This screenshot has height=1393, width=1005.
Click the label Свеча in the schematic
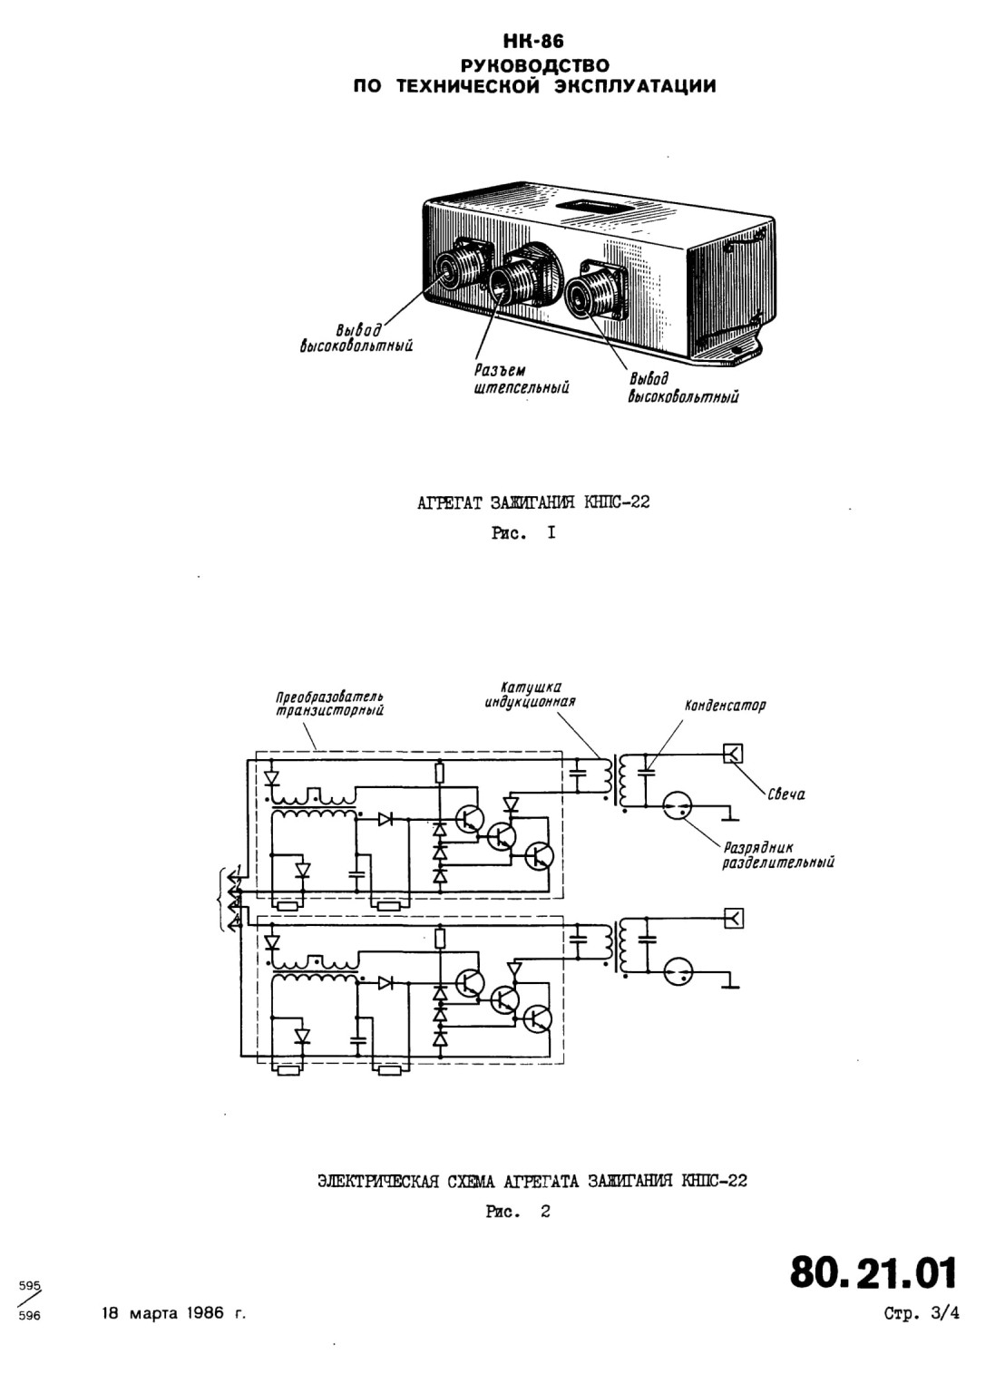click(x=786, y=794)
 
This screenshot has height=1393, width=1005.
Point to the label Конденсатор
click(x=725, y=706)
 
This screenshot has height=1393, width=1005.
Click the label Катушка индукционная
click(x=531, y=695)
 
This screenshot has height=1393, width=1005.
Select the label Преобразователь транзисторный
click(x=329, y=703)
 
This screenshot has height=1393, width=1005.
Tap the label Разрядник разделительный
click(x=778, y=855)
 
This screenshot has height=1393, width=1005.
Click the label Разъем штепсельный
click(x=522, y=379)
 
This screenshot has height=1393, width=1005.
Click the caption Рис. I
click(x=523, y=533)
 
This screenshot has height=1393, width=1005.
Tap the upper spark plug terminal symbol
click(x=734, y=755)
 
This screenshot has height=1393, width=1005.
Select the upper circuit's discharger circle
click(x=678, y=806)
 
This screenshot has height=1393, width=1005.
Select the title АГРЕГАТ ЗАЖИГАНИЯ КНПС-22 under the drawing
click(x=533, y=502)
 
